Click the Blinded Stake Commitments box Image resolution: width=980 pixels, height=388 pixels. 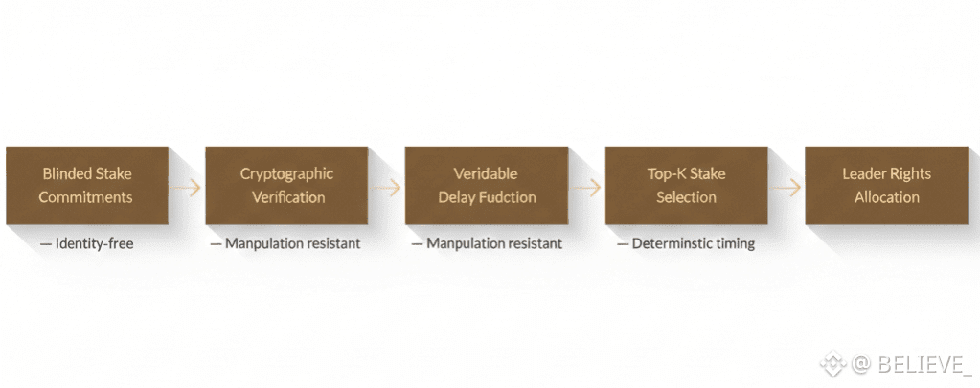87,186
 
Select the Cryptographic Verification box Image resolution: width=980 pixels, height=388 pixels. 287,186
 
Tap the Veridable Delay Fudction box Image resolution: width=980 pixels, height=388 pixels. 487,186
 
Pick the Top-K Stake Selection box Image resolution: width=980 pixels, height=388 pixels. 686,186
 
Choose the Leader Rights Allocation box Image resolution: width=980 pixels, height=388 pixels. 886,186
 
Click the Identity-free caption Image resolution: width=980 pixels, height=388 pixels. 87,244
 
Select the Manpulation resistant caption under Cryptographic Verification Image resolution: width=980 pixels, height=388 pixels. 286,244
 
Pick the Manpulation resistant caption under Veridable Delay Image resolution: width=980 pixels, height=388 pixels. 488,244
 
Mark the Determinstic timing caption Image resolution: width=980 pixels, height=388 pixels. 686,244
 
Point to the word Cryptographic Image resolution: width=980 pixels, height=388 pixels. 287,174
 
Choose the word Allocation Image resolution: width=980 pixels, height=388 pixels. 886,197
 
